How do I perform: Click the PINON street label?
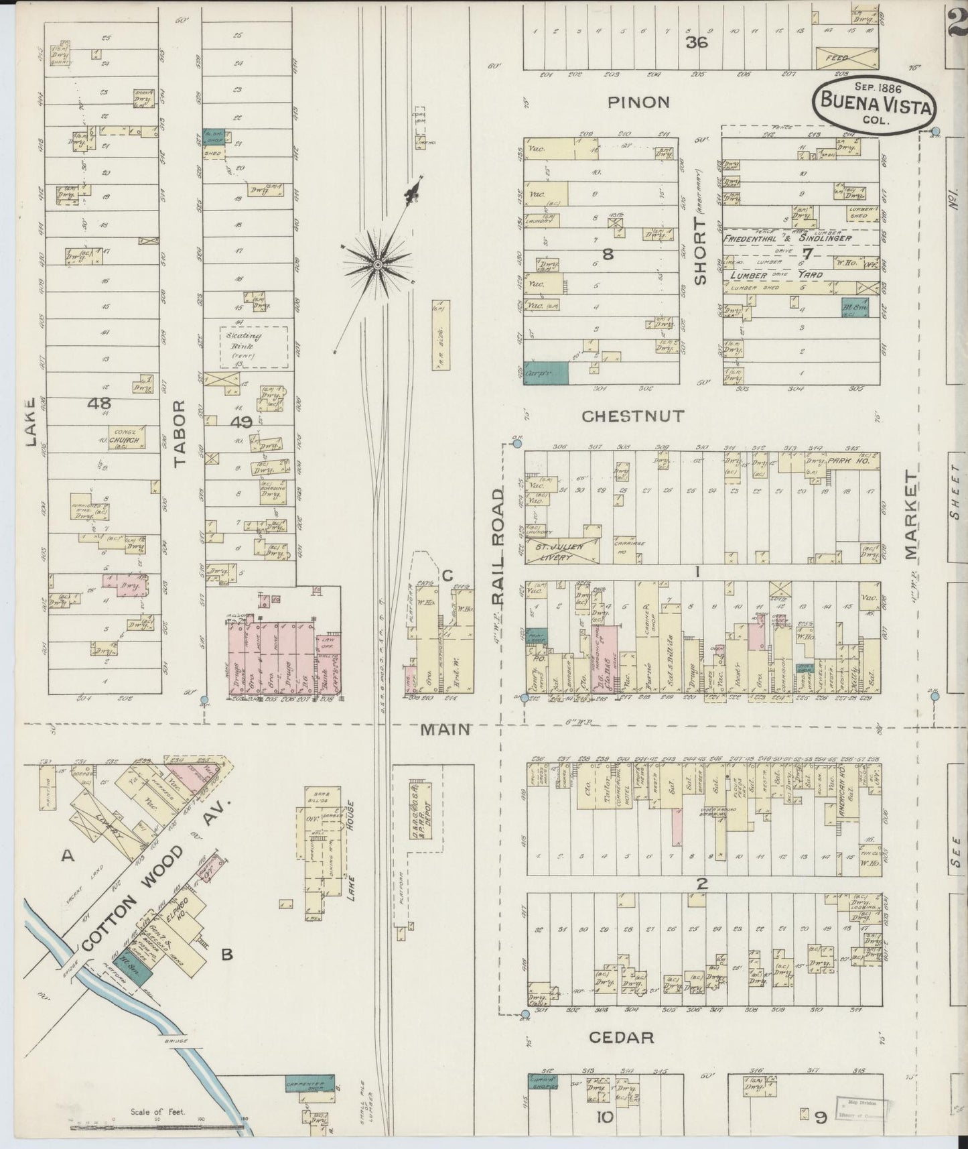click(638, 102)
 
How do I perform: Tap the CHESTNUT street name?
click(633, 416)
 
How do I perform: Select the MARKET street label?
click(909, 514)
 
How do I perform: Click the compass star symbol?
click(378, 265)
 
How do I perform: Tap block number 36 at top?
click(697, 43)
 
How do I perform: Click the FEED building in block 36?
click(846, 58)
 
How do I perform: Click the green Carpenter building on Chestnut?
click(546, 373)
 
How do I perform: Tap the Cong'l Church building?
click(127, 439)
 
